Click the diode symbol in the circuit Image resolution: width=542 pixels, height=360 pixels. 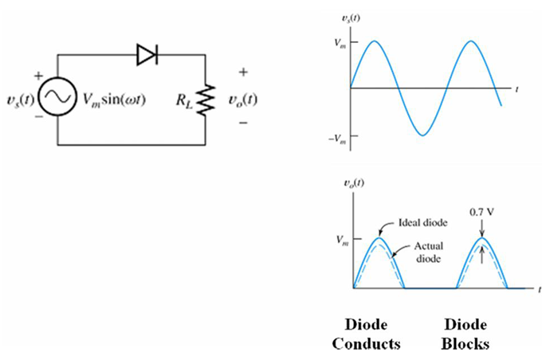click(147, 54)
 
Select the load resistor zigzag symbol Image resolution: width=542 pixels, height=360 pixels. click(205, 100)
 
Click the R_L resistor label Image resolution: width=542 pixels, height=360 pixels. click(185, 100)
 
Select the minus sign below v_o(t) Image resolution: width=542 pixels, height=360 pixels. click(242, 124)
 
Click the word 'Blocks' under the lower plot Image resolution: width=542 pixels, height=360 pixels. click(465, 345)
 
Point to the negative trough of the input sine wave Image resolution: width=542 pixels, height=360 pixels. click(425, 134)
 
